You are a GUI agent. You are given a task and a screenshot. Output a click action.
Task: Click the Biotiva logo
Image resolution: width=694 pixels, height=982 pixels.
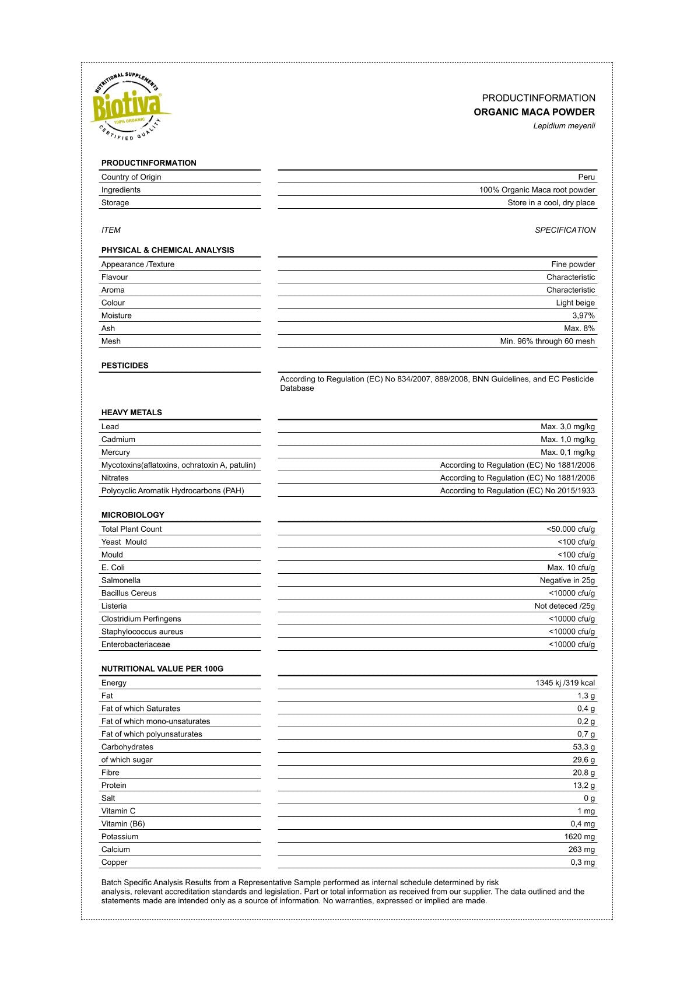pos(128,107)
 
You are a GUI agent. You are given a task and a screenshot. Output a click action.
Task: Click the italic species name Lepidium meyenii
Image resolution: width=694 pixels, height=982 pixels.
pos(564,126)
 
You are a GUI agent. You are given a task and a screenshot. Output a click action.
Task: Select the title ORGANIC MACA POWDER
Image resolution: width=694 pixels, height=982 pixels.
pos(534,112)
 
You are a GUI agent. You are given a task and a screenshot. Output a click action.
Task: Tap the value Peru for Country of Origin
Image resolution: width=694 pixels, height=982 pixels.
pos(586,177)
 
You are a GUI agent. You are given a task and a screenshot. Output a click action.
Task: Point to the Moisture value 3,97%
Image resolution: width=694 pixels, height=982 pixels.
pos(583,315)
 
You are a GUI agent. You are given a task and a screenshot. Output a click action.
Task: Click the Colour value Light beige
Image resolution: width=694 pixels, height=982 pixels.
pos(575,303)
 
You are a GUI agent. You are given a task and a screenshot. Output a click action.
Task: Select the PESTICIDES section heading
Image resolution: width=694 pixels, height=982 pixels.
pos(125,366)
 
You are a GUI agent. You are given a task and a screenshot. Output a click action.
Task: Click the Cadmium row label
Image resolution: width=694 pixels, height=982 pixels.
pos(118,440)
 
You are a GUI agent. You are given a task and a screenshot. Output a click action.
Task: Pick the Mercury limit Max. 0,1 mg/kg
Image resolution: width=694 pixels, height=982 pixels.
pos(567,453)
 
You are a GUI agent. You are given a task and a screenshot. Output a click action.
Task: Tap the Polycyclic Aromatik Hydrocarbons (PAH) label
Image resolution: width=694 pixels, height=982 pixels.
pos(173,491)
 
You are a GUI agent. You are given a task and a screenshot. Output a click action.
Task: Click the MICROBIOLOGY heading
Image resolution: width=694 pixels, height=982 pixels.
pos(133,515)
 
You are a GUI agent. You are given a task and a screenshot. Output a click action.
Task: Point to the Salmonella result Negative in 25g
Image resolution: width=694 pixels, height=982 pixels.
pos(567,581)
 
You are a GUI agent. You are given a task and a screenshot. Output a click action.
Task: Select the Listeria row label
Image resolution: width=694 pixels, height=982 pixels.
pos(114,606)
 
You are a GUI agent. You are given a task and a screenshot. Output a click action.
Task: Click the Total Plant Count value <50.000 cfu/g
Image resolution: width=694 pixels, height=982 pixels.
pos(570,529)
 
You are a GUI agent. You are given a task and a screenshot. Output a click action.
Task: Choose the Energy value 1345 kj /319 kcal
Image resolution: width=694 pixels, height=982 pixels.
pos(565,683)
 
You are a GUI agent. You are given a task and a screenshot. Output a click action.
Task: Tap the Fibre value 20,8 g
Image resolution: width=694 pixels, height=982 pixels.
pos(584,773)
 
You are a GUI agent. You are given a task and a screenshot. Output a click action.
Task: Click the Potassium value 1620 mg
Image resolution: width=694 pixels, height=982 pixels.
pos(579,837)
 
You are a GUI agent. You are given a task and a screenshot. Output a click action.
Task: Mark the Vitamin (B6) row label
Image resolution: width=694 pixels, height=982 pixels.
pos(123,825)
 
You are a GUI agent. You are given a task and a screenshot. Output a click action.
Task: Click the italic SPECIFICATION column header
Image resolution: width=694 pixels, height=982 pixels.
pos(565,230)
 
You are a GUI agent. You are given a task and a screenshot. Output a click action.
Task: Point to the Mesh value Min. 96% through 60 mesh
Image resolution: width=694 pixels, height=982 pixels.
pos(547,342)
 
